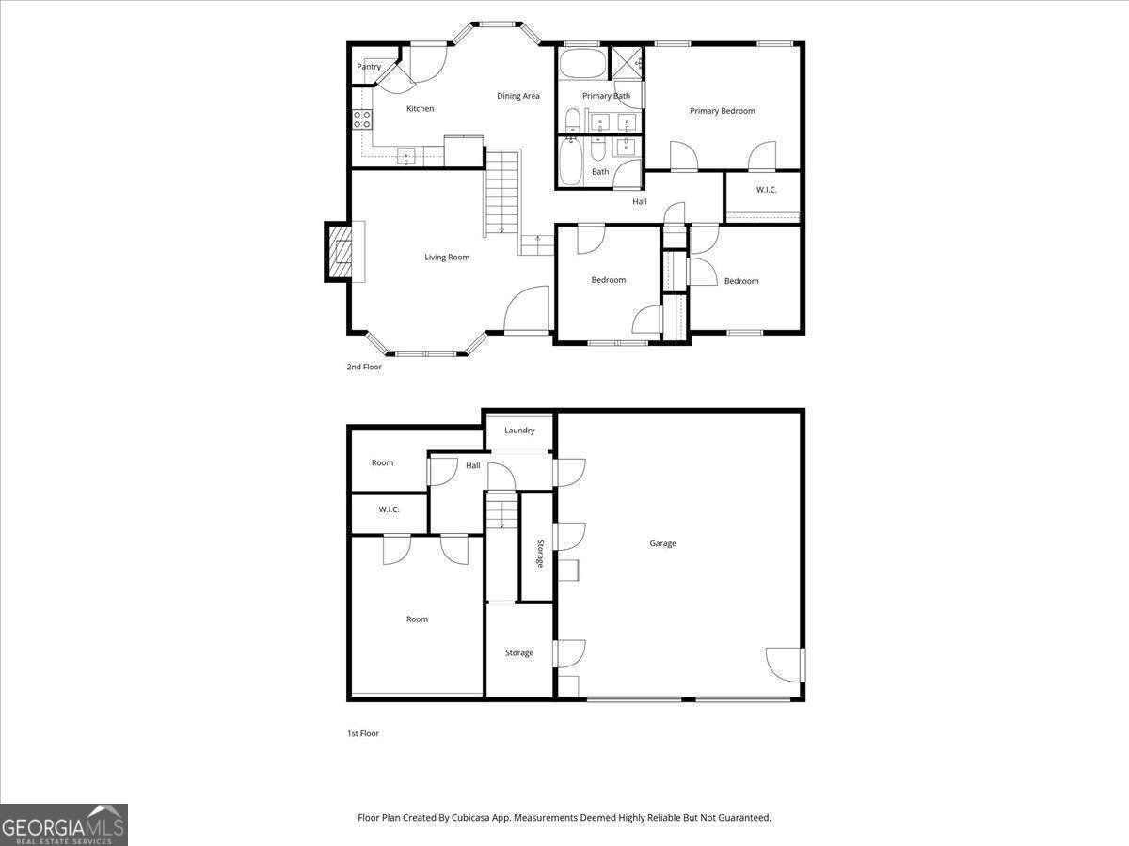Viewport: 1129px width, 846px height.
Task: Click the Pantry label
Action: [x=369, y=67]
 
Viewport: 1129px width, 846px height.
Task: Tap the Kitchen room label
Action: [x=420, y=109]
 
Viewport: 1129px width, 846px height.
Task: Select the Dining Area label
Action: [x=518, y=96]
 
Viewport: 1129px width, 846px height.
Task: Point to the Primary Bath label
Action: [x=606, y=96]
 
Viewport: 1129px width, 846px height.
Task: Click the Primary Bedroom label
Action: [x=722, y=111]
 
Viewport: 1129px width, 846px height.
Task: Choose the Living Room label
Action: [x=447, y=258]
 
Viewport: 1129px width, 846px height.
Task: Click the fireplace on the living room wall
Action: [x=338, y=252]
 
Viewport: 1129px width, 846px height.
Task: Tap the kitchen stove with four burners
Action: [x=362, y=119]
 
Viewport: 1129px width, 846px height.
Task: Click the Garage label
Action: [x=662, y=543]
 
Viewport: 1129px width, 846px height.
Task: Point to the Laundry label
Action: [x=519, y=431]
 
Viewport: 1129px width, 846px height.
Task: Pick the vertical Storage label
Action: [x=540, y=554]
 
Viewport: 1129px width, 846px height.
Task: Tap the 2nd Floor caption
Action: [x=364, y=368]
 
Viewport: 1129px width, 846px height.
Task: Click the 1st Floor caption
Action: [x=363, y=733]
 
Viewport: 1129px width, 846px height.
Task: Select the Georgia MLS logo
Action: [x=64, y=824]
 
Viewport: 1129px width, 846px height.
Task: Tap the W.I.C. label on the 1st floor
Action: [x=389, y=509]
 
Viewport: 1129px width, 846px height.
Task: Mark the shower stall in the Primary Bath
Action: [x=626, y=63]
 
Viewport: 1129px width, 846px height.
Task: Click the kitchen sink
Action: [x=405, y=156]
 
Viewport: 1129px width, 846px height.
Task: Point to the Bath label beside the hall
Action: [x=600, y=172]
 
